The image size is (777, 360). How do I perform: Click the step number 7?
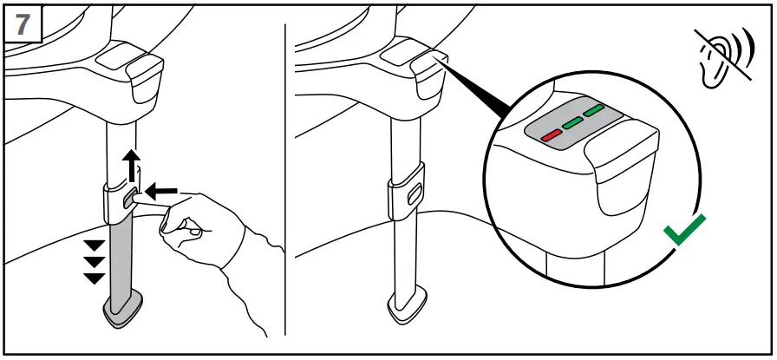coord(23,23)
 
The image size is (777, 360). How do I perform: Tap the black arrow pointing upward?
coord(129,165)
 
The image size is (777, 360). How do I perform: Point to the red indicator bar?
coord(552,135)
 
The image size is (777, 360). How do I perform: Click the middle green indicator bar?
coord(571,123)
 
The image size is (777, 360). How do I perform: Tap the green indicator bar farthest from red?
coord(593,111)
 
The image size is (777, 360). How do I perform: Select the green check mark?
coord(684,231)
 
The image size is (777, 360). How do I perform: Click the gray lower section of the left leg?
coord(121,260)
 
